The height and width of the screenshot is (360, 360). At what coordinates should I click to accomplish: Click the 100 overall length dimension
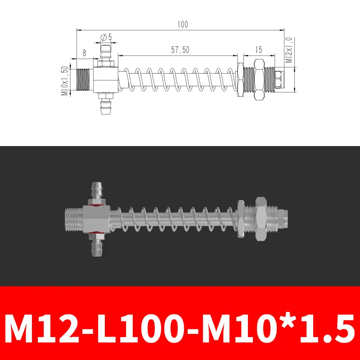coord(182,25)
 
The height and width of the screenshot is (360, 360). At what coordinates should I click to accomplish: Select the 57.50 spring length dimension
coord(180,50)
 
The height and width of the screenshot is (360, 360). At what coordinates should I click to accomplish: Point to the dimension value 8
coord(84,53)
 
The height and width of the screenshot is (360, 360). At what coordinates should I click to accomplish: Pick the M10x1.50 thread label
coord(64,81)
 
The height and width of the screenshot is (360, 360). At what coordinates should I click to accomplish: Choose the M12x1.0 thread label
coord(289,50)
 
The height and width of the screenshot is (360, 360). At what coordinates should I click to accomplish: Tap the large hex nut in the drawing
coord(259,80)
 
